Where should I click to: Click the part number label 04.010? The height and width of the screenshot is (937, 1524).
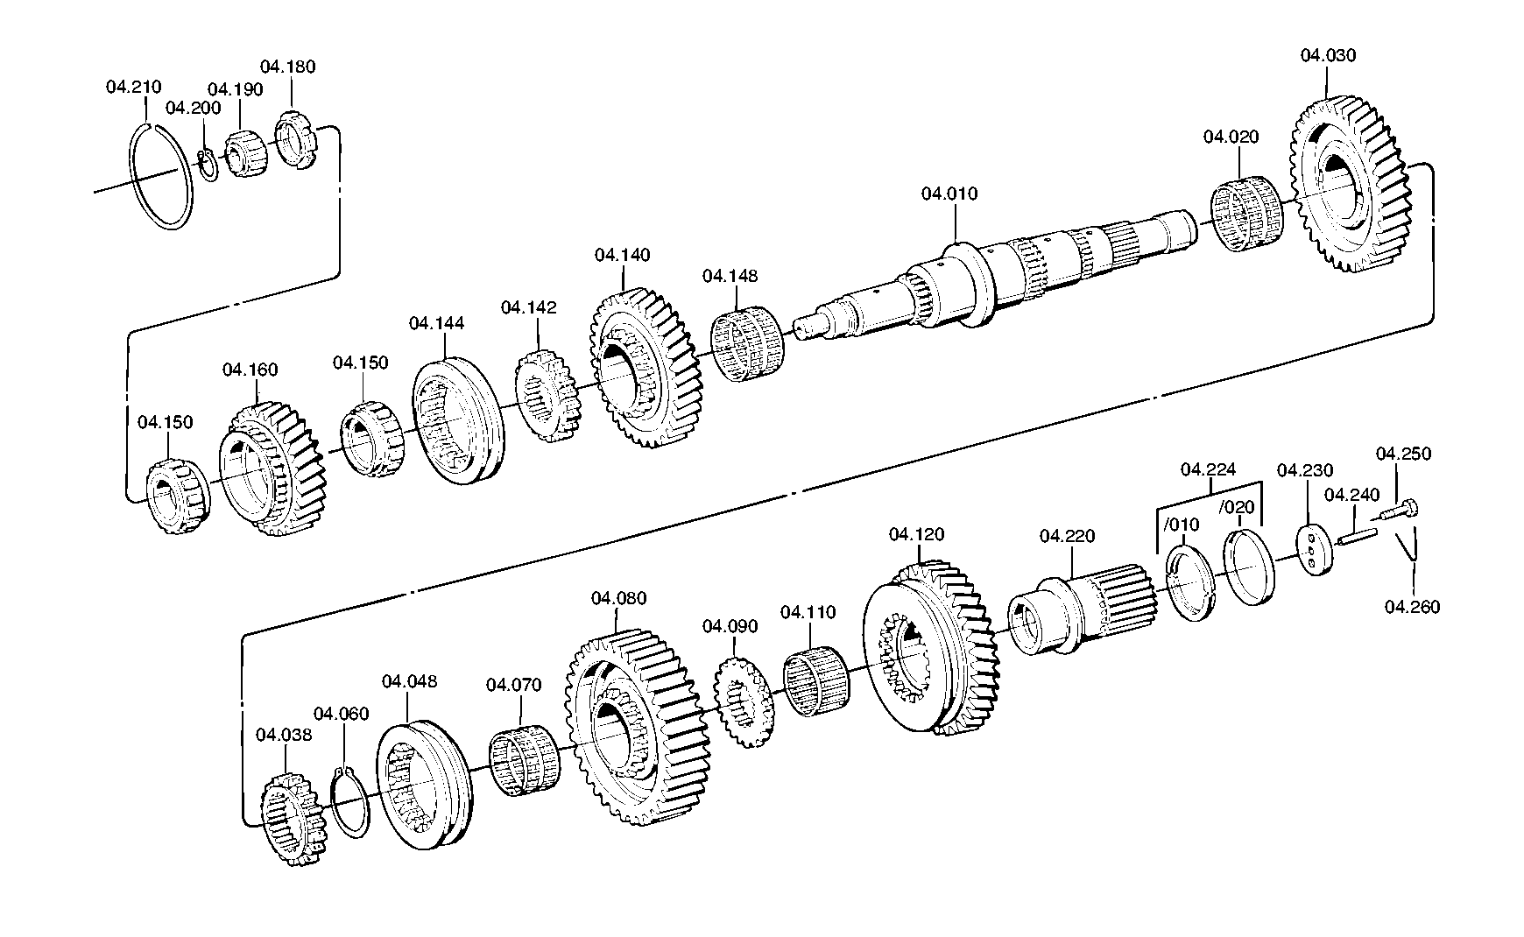949,194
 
